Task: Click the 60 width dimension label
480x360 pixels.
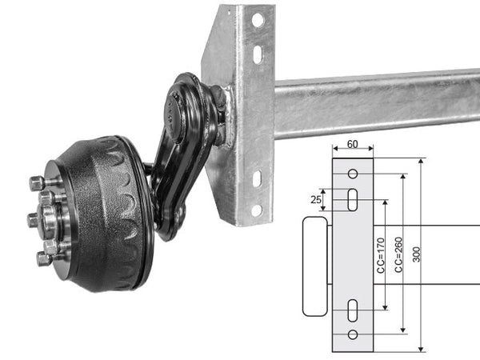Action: pos(352,144)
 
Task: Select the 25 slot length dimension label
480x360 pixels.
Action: pos(316,199)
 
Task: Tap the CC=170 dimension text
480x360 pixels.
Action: pos(381,255)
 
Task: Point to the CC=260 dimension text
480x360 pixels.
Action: pos(398,254)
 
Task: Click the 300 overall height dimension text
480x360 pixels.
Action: pos(417,254)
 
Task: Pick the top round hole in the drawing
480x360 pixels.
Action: pos(353,174)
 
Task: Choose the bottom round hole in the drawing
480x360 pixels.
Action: pos(353,334)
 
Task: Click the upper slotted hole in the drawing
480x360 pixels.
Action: pos(353,199)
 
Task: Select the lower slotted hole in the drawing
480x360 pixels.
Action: pos(353,310)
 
